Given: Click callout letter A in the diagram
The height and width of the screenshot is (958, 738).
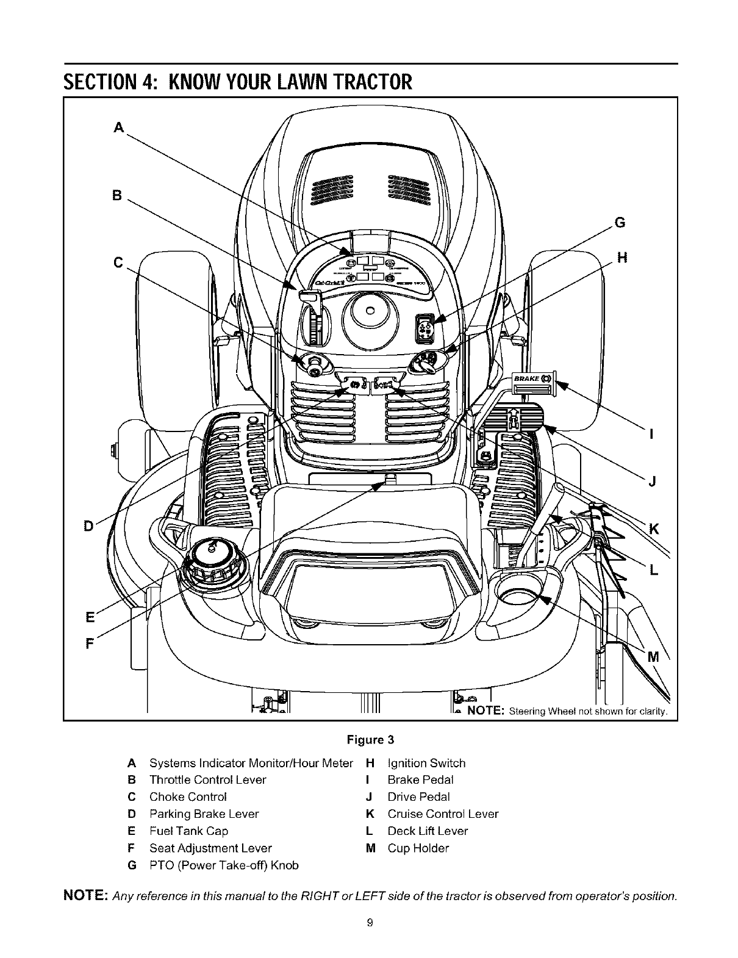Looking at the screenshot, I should pos(118,127).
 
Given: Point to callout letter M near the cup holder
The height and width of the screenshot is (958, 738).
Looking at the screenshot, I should pos(653,657).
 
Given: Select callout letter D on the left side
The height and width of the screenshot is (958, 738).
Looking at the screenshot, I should pos(88,525).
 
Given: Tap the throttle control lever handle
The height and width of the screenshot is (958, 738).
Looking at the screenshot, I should pos(310,297).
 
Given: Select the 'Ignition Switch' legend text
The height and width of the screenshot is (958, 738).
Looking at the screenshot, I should pos(426,763).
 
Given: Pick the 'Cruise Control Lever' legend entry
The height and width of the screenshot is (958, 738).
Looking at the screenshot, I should pos(443,814).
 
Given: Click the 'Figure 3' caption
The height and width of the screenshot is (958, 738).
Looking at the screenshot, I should pos(371,740).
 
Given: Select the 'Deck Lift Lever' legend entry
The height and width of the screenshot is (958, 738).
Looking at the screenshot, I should pos(428,831).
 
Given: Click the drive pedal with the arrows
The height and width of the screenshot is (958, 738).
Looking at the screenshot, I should pos(513,417).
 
